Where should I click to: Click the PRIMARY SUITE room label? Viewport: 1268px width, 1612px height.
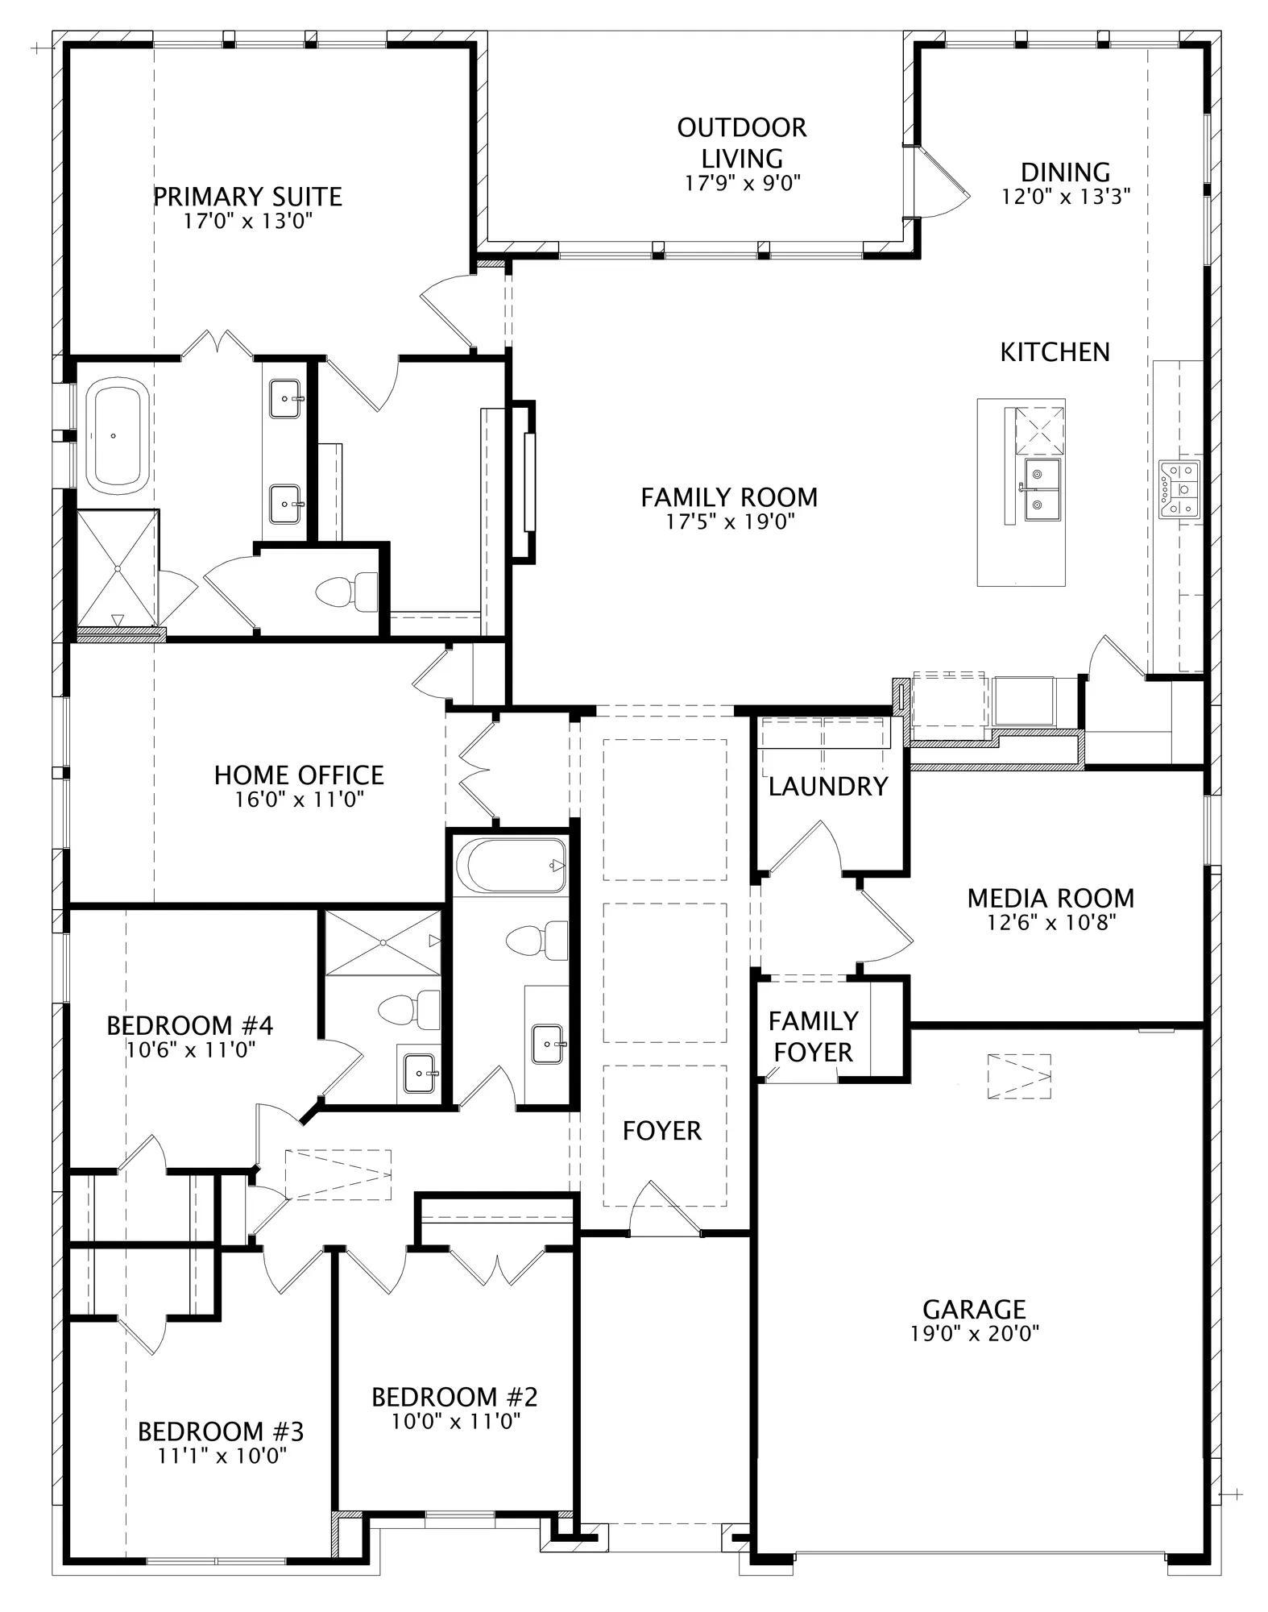[247, 197]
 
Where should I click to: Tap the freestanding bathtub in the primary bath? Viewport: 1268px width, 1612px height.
[118, 436]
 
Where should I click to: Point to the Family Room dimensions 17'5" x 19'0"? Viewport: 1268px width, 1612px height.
[730, 521]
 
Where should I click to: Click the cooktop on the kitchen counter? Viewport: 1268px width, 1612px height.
[1179, 488]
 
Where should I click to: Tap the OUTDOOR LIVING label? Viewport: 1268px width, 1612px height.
[741, 142]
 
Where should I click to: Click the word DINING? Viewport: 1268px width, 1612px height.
[1065, 172]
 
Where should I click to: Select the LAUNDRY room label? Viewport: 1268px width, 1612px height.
[827, 786]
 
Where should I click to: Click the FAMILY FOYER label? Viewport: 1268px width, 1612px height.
[812, 1037]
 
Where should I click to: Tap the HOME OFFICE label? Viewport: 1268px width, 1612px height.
[299, 775]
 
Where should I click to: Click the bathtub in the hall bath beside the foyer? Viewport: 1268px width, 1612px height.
[512, 866]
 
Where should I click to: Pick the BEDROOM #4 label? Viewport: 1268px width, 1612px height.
[190, 1025]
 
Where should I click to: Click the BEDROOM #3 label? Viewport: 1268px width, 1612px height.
[221, 1431]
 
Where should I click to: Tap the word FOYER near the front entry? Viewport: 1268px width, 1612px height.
[662, 1131]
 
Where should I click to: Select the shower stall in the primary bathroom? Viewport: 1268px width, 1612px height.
[118, 568]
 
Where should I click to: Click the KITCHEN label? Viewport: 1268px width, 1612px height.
[1055, 352]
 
